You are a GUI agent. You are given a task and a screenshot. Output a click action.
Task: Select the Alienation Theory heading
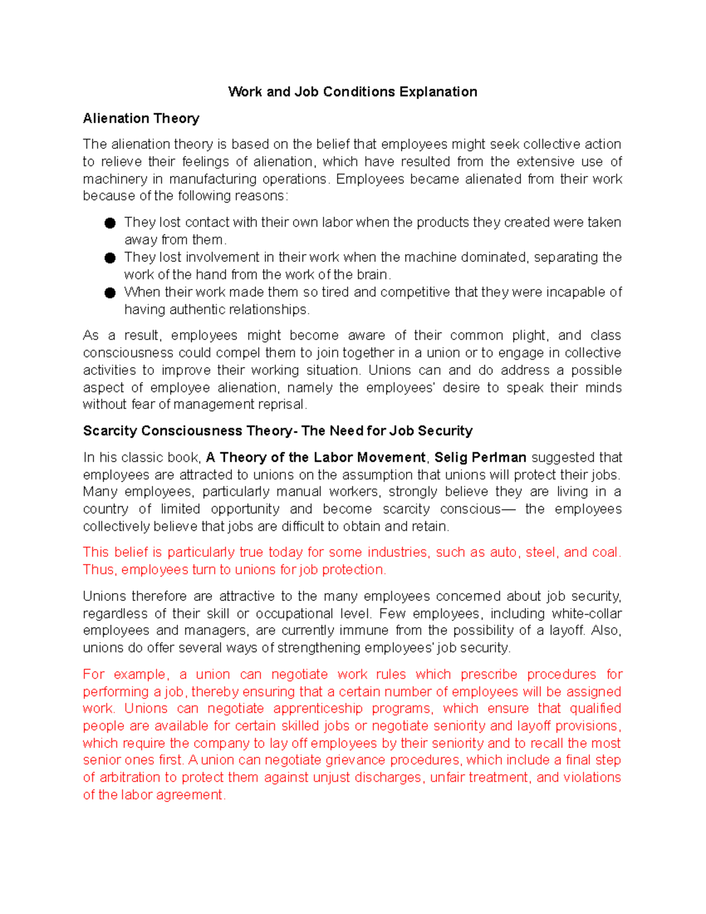coord(141,118)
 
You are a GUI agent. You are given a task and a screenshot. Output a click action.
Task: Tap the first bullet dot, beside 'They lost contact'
coord(110,223)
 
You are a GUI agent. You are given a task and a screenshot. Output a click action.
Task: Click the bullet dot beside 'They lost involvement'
coord(110,258)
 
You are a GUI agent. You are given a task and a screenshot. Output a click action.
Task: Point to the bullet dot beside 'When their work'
coord(110,293)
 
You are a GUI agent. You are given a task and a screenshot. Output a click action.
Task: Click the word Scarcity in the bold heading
coord(110,431)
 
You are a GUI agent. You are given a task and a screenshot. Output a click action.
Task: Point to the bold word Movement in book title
coord(392,457)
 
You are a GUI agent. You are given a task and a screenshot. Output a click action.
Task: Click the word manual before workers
coord(298,491)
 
